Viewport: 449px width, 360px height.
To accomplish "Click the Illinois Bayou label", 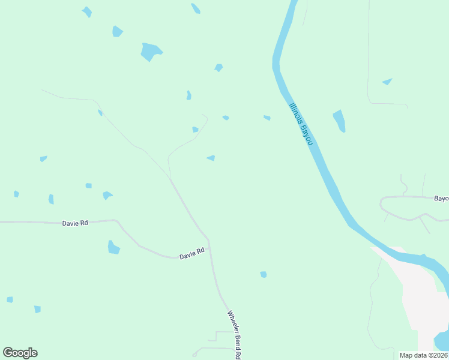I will (301, 124).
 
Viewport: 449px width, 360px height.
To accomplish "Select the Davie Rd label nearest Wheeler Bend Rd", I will (192, 254).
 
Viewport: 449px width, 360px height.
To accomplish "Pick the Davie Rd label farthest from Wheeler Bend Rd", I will (75, 223).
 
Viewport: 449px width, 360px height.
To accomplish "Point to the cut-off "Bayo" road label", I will (441, 198).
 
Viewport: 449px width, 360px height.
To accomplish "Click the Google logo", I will (20, 353).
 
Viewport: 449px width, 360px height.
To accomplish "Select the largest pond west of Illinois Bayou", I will (151, 52).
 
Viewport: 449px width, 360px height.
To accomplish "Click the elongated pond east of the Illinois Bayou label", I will (340, 120).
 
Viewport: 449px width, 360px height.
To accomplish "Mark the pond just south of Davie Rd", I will (113, 247).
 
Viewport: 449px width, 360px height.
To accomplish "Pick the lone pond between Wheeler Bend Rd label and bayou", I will (263, 274).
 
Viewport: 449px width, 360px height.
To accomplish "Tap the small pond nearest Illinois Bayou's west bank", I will (267, 118).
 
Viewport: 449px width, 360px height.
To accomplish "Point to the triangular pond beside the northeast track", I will (387, 82).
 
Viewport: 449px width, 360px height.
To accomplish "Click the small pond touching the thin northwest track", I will (100, 112).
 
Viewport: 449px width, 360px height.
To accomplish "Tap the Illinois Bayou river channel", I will (336, 192).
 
